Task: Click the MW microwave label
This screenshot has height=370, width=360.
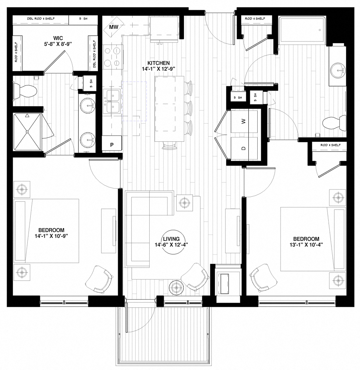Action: [x=113, y=27]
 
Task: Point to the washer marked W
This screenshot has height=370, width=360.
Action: [x=244, y=122]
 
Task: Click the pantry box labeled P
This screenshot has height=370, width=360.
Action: [x=112, y=145]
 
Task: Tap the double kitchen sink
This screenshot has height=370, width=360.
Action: [x=112, y=102]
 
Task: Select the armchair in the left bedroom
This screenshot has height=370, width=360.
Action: [x=99, y=278]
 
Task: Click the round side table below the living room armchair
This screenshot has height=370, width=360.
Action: [x=177, y=287]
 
